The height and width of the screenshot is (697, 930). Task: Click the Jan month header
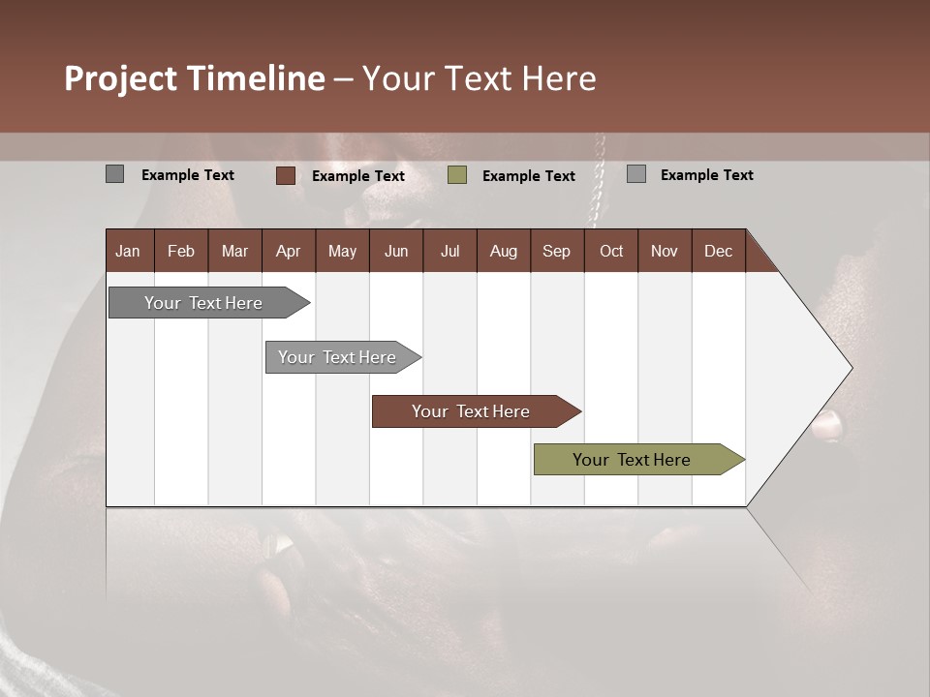point(129,251)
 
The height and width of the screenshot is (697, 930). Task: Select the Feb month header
point(181,251)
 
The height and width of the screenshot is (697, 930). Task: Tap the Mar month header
point(234,251)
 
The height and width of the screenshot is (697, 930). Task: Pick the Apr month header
point(289,251)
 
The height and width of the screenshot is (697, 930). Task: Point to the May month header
point(342,251)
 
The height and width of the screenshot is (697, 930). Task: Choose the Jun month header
point(396,251)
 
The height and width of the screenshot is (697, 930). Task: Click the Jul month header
point(449,251)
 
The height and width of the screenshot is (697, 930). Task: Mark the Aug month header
point(504,251)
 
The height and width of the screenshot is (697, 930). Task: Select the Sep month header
point(557,251)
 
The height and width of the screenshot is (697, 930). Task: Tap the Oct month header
point(611,251)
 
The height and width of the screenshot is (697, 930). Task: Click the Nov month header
point(665,251)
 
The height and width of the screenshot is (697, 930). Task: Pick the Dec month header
point(719,251)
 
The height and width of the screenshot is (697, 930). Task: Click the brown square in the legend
point(286,175)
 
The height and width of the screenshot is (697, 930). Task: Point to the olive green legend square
point(457,175)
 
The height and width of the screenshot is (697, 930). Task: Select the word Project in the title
point(121,78)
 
